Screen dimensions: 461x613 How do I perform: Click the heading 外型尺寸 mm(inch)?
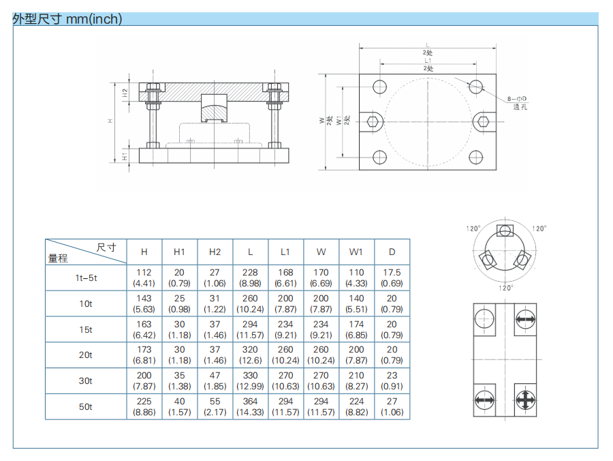[x=67, y=19]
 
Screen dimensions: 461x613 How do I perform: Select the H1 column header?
[x=179, y=252]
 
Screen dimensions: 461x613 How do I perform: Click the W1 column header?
[x=356, y=252]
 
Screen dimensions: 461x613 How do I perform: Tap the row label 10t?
[x=86, y=303]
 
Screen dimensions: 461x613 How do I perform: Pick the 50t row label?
[x=86, y=407]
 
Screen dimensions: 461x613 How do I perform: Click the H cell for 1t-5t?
[x=144, y=278]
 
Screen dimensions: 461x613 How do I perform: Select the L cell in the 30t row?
[x=250, y=381]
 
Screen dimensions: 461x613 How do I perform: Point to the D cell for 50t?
[x=392, y=406]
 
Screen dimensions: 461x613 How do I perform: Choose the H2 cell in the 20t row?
[x=215, y=355]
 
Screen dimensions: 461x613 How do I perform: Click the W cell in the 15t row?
[x=321, y=329]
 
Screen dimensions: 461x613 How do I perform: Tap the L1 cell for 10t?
[x=285, y=303]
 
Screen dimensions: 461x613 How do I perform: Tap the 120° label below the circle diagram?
[x=505, y=288]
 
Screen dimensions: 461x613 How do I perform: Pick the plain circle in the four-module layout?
[x=484, y=318]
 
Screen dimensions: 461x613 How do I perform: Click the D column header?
[x=392, y=252]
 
